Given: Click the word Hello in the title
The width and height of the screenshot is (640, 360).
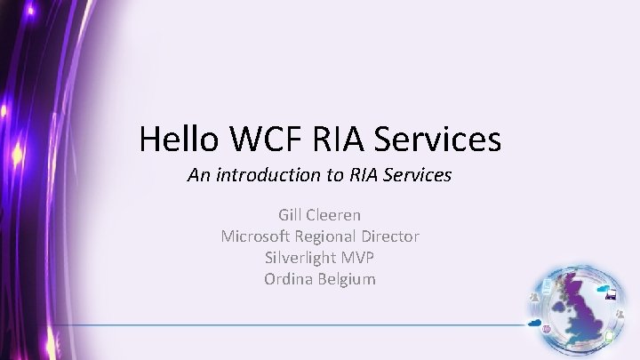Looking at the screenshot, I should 180,139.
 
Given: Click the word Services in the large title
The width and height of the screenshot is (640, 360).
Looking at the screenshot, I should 437,139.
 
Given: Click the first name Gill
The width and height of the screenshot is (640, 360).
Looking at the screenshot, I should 291,214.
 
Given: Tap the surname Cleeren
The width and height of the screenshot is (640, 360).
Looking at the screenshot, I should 334,214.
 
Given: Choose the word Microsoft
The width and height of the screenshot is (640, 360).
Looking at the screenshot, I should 256,236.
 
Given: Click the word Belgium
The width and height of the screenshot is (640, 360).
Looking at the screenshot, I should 346,278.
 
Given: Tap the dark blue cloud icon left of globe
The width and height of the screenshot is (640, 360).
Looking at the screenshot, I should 536,323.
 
